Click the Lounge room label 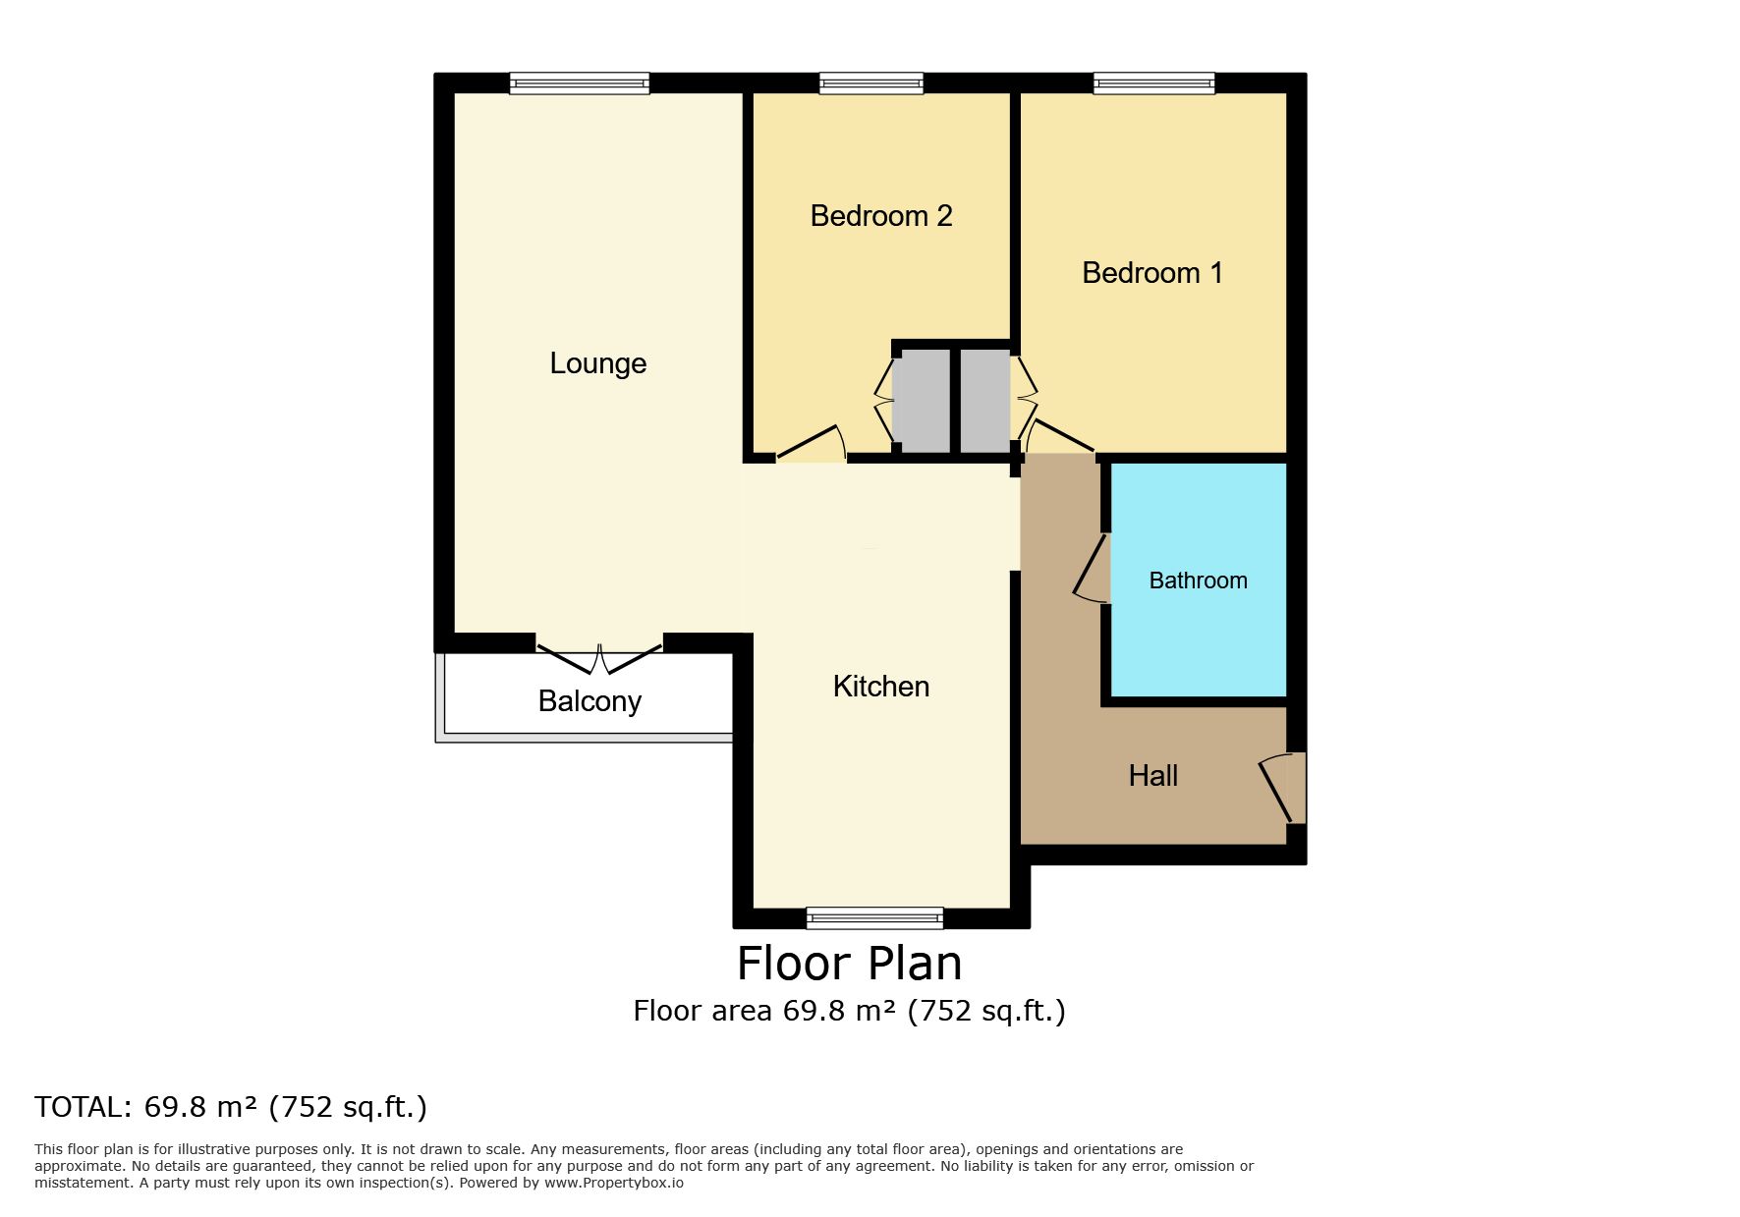[597, 363]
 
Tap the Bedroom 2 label [881, 216]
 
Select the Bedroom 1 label [1152, 273]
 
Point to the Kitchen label [881, 687]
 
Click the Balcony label [589, 701]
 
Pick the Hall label [1152, 776]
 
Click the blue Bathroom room [1199, 580]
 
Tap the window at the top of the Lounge [580, 83]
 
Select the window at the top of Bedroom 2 [871, 83]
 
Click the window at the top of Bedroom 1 [1154, 83]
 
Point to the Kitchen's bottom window [874, 918]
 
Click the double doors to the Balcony [599, 656]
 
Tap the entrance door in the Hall [1283, 787]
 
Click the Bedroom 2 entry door [812, 444]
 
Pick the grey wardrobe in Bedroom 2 [921, 401]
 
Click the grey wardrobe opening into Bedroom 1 [985, 401]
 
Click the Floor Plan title [850, 963]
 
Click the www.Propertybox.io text [614, 1183]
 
